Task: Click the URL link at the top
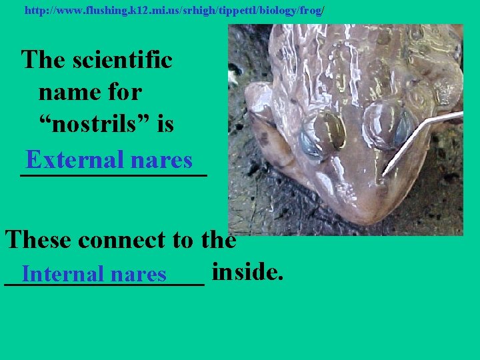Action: [174, 11]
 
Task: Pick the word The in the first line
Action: [43, 60]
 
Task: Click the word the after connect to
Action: [217, 239]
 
